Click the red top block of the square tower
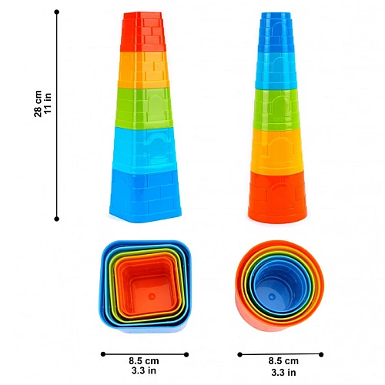(x=143, y=32)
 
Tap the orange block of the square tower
(x=144, y=70)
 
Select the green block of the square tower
(x=144, y=108)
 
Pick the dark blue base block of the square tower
(x=146, y=195)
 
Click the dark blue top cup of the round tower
(x=276, y=32)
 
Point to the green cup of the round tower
(x=276, y=109)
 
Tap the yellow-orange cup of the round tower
(x=277, y=151)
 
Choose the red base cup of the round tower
(x=277, y=197)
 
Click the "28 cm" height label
(x=38, y=104)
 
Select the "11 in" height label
(x=48, y=102)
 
